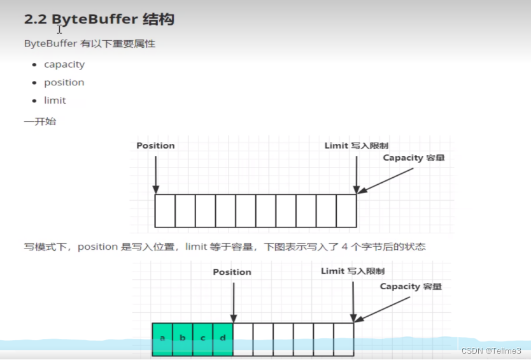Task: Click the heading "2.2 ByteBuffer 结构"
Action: point(99,19)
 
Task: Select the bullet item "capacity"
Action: point(64,64)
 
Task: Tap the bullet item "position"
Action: point(64,82)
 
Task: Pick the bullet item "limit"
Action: point(55,101)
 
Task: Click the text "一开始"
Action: point(40,121)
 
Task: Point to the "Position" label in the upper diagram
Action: point(155,146)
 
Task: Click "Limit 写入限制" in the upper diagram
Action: point(356,146)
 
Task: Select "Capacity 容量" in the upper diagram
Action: point(413,158)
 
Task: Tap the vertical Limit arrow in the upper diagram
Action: point(356,172)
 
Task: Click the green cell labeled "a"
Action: point(162,338)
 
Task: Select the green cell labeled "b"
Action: point(183,338)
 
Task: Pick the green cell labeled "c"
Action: point(203,338)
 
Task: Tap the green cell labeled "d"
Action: point(223,338)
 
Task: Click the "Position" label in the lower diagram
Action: point(232,272)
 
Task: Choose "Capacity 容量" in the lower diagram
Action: point(411,287)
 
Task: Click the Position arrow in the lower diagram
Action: point(233,299)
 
